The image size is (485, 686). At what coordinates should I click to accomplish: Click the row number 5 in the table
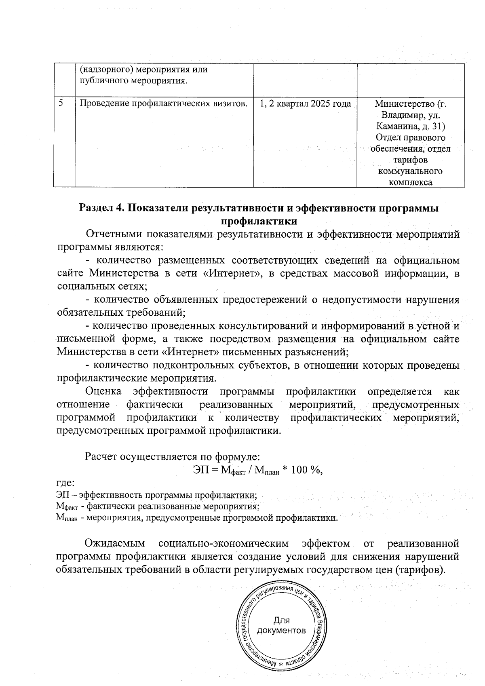[x=60, y=103]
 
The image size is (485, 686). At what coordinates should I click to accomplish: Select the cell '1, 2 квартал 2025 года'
[x=305, y=104]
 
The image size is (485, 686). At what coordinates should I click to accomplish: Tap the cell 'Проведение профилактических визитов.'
[x=163, y=104]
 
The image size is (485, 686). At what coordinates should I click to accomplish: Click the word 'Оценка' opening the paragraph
[x=103, y=392]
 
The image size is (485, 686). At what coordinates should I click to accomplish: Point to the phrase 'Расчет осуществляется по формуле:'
[x=172, y=457]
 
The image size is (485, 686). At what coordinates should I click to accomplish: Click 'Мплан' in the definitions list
[x=66, y=518]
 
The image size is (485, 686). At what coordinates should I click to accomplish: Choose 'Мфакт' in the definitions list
[x=66, y=507]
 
